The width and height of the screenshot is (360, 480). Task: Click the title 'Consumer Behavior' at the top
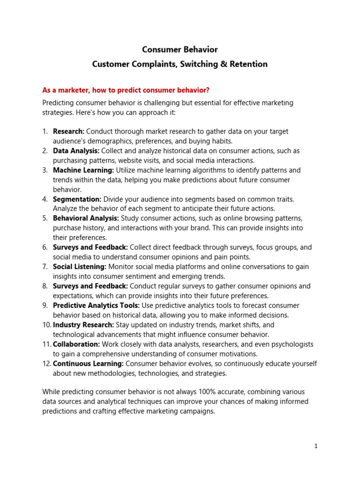click(180, 50)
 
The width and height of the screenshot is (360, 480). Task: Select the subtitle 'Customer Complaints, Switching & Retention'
click(180, 64)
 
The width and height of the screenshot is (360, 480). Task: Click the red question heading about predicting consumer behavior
click(126, 90)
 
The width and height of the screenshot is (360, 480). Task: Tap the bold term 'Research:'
click(68, 132)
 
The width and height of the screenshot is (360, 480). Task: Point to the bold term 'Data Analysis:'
click(76, 151)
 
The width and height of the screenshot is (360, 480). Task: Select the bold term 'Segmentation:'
click(77, 199)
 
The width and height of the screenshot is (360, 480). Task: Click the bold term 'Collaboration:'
click(76, 344)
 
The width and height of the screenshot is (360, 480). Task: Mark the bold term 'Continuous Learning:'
click(88, 364)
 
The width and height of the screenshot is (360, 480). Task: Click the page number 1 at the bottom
click(316, 446)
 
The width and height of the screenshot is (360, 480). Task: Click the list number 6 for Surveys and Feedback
click(45, 247)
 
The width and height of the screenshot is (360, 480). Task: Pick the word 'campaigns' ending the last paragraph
click(198, 411)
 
